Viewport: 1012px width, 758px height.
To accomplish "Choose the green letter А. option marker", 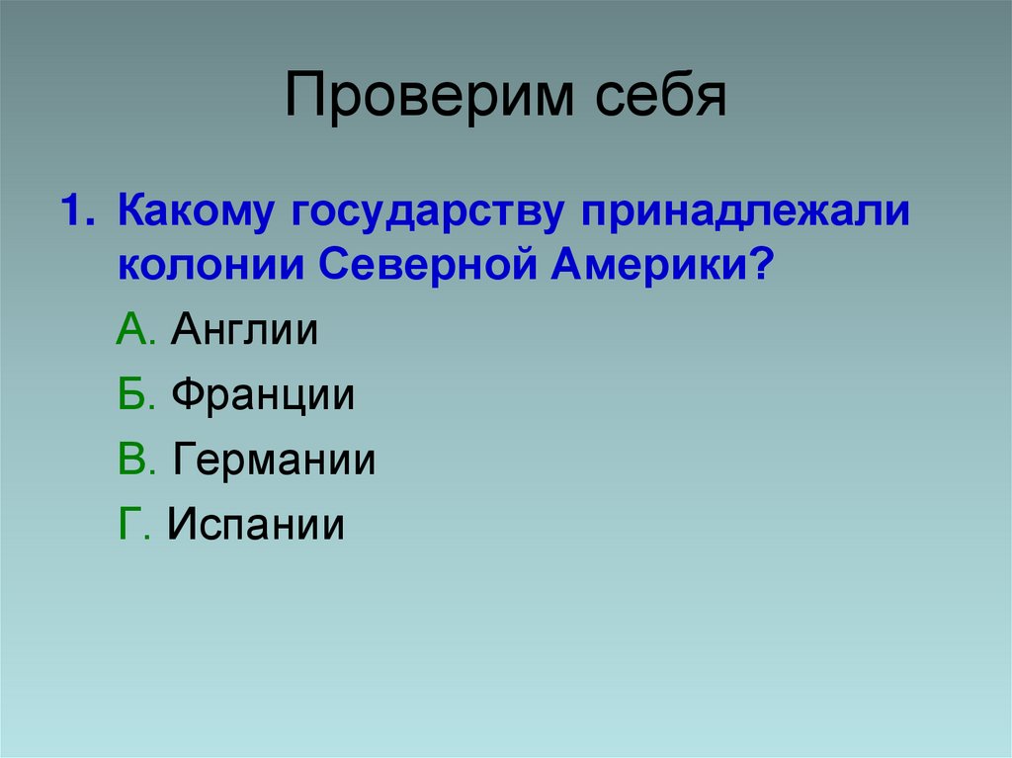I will (x=135, y=330).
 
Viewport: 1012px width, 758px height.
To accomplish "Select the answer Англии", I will (x=244, y=331).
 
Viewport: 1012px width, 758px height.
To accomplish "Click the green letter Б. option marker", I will (x=135, y=395).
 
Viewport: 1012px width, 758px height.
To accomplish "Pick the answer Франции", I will (x=263, y=396).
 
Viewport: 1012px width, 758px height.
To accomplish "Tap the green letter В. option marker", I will (x=135, y=461).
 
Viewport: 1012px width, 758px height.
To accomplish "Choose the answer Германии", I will (x=274, y=462).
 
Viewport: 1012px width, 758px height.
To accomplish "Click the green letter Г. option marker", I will (x=133, y=525).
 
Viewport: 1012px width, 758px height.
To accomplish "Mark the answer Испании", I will (x=256, y=526).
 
